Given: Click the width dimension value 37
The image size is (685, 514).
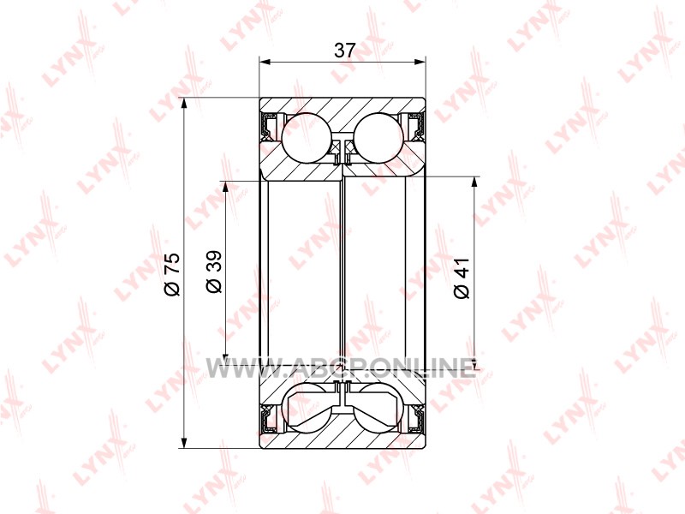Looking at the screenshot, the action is (345, 51).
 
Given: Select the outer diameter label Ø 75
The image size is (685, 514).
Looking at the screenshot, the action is (172, 274).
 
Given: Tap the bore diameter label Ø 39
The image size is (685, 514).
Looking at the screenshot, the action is (214, 272).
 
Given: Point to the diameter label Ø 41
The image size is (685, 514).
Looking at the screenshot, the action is (462, 278).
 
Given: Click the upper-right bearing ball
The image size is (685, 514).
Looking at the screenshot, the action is (378, 138).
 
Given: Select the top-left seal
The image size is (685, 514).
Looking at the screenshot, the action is (268, 126).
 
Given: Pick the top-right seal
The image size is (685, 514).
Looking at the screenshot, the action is (416, 126).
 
